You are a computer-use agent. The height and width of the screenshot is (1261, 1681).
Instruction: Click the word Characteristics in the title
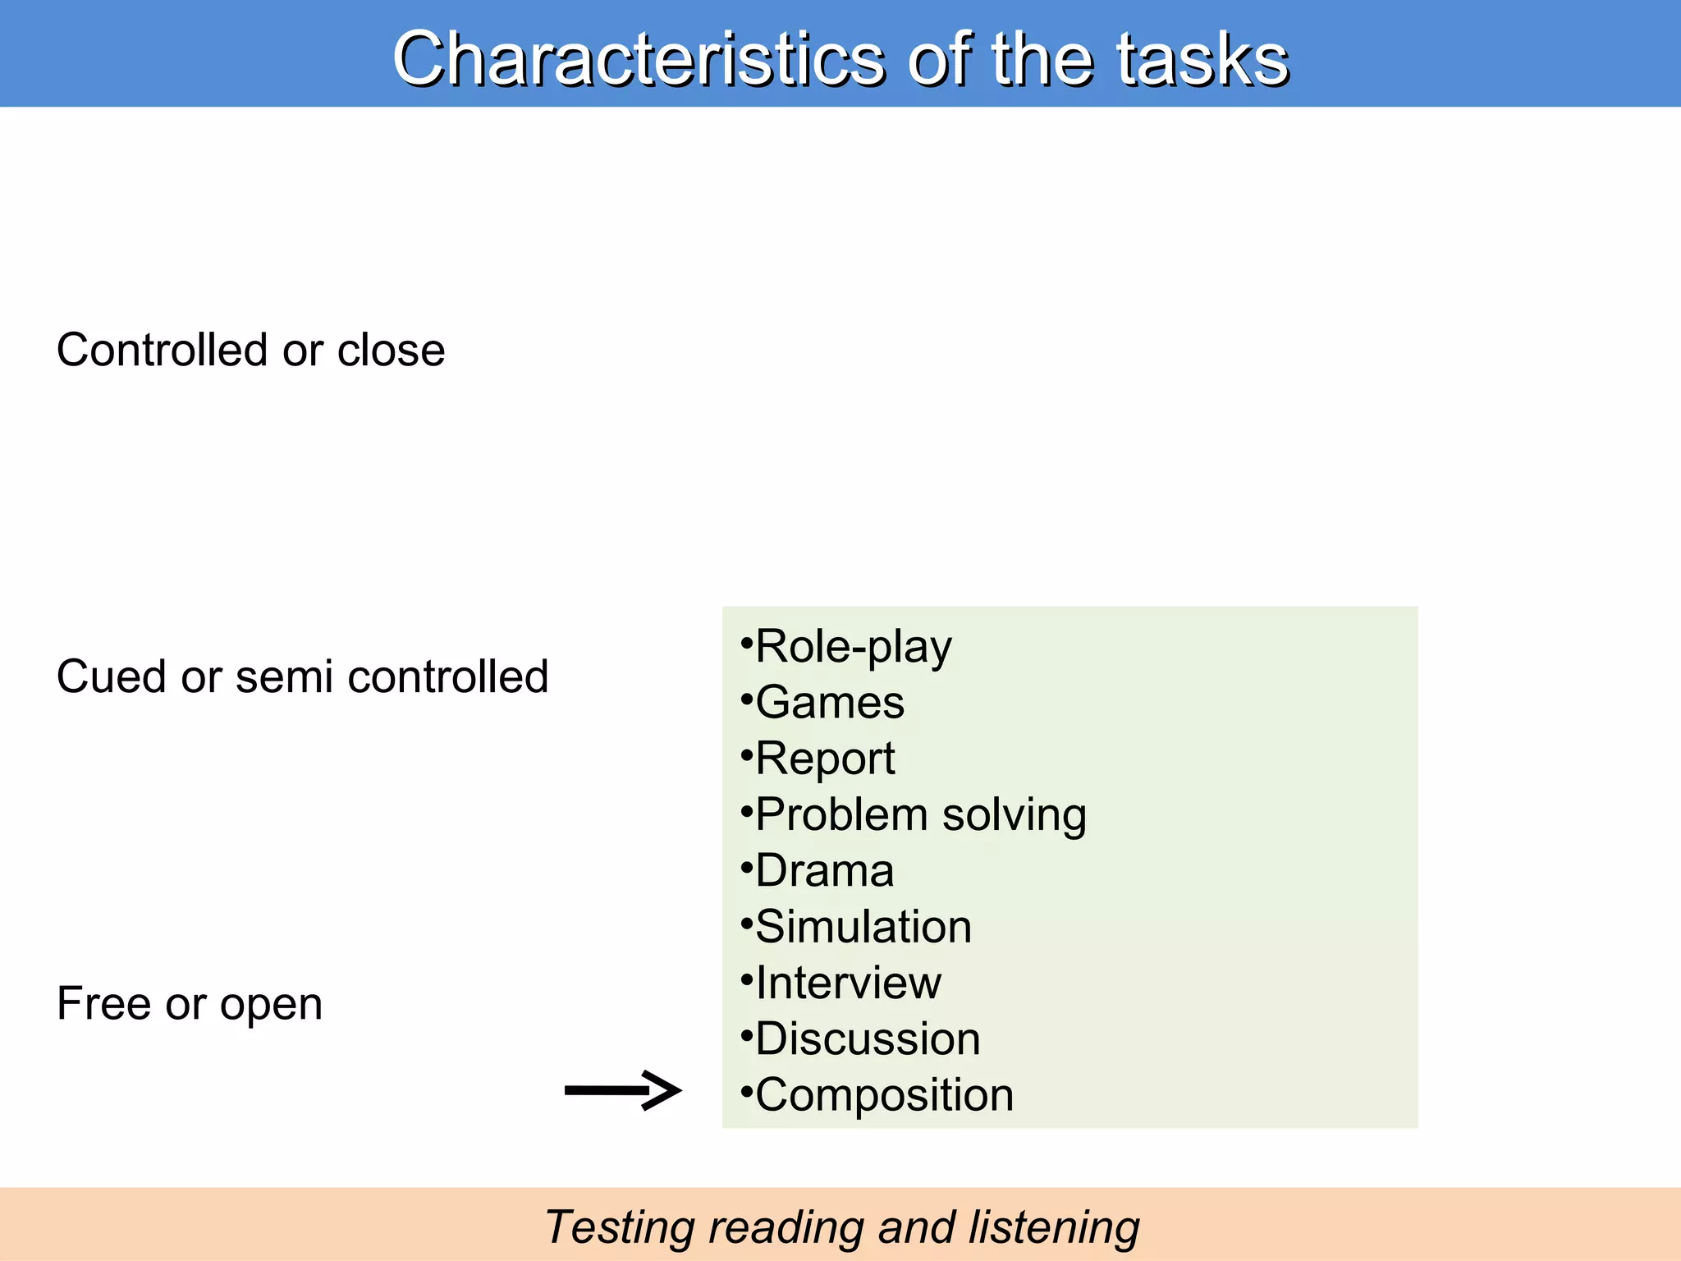click(639, 59)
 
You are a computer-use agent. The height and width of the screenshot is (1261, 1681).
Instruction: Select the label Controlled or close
click(250, 351)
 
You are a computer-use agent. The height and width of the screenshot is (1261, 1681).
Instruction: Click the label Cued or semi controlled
click(302, 677)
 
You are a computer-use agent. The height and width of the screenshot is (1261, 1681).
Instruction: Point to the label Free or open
click(190, 1003)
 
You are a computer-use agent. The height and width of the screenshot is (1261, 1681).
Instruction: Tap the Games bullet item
click(829, 703)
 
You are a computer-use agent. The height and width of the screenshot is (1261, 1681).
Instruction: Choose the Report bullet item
click(824, 759)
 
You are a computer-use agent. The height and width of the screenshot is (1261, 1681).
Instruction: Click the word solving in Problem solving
click(1015, 815)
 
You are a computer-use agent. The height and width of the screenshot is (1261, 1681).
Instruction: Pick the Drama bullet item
click(823, 871)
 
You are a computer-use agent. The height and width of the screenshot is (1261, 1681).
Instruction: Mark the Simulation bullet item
click(863, 927)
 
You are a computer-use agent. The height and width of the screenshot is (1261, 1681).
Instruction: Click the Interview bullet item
click(848, 983)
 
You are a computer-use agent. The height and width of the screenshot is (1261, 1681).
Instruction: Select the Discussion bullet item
click(868, 1039)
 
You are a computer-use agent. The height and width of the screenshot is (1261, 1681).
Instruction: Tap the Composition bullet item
click(884, 1095)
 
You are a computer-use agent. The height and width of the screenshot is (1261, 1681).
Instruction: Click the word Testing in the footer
click(619, 1228)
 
